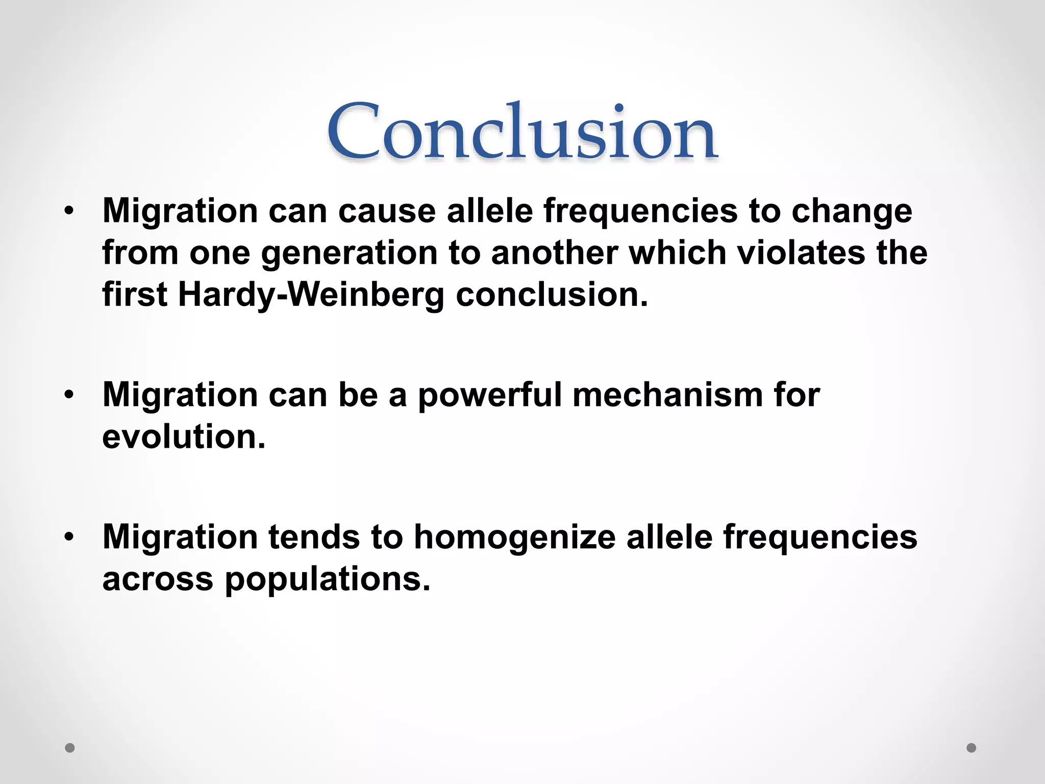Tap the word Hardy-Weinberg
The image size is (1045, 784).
(311, 295)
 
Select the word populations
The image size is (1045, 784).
(328, 580)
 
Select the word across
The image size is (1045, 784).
(158, 580)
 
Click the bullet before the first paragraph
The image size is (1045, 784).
(69, 211)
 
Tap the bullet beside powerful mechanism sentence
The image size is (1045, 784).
(69, 395)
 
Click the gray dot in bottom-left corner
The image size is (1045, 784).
(70, 748)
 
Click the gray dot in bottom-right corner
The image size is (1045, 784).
(972, 748)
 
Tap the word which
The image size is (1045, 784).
(678, 253)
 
